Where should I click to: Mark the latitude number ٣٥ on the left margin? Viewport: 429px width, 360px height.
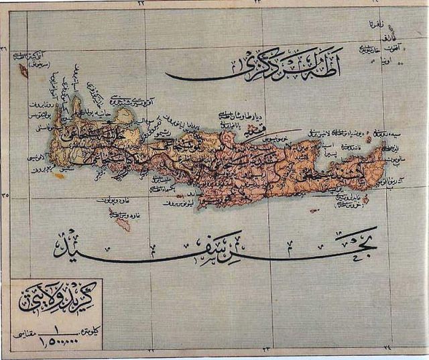(5, 196)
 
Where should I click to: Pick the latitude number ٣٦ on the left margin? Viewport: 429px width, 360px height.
(5, 48)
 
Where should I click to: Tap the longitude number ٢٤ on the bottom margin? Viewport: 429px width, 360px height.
(387, 349)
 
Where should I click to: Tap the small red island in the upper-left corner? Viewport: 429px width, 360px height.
(23, 70)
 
